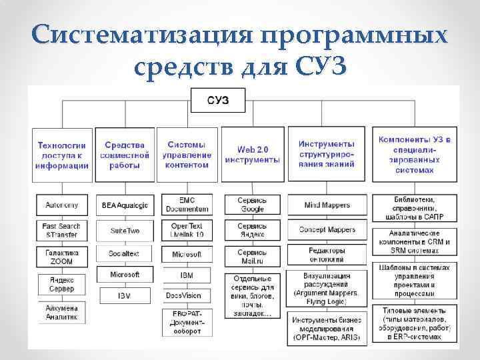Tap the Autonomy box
coord(62,205)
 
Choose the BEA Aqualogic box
coord(125,205)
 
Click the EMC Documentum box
coord(187,205)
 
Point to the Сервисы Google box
coord(252,205)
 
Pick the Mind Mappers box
coord(327,205)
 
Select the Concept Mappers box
coord(327,230)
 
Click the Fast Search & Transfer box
coord(62,230)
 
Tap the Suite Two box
coord(125,230)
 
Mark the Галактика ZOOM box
coord(62,257)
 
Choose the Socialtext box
coord(125,255)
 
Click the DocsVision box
coord(187,295)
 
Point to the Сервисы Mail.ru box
coord(252,257)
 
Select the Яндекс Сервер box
coord(62,285)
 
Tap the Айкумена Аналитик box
coord(62,313)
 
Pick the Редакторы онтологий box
coord(327,255)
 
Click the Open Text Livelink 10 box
coord(187,230)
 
